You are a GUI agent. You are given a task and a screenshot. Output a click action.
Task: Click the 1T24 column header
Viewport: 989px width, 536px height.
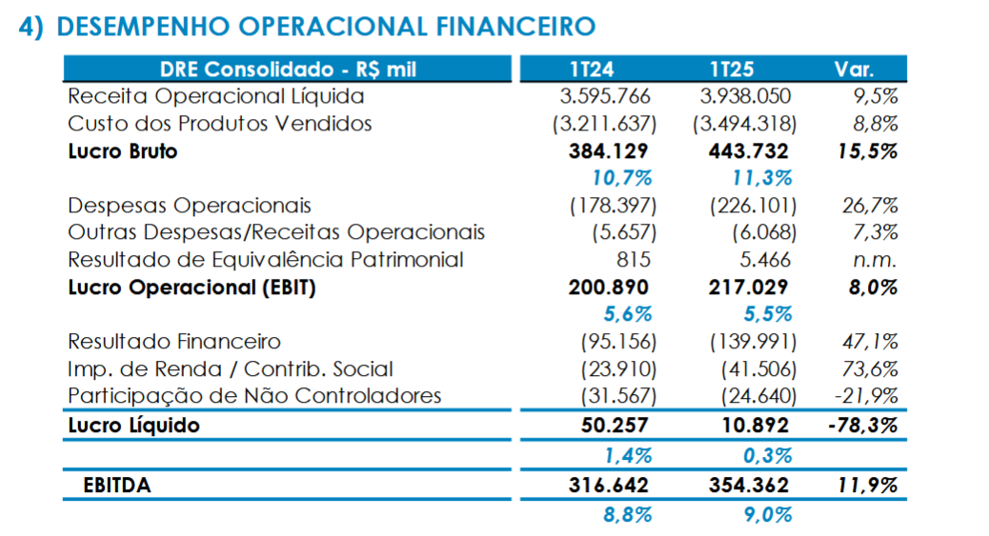(592, 69)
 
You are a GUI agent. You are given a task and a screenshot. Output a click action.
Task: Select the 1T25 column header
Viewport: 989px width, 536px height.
(732, 69)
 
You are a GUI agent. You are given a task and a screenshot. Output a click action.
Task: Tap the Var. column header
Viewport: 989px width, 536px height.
(854, 69)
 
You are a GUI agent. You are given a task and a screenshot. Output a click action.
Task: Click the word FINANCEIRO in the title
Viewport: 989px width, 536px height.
(515, 27)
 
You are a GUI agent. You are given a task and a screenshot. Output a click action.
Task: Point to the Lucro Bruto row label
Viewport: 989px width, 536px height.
(123, 151)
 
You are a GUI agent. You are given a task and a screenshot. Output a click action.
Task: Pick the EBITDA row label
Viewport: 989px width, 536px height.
(117, 485)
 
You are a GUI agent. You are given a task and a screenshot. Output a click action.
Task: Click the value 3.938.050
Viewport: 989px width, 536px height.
(745, 96)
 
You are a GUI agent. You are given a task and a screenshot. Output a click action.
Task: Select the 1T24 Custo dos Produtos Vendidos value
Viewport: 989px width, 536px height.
(604, 124)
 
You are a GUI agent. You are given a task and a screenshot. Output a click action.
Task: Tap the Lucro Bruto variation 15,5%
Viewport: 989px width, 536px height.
(867, 151)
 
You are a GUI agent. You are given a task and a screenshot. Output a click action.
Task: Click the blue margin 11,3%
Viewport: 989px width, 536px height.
(762, 178)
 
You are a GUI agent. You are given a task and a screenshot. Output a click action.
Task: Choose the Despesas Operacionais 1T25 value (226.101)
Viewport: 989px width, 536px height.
(753, 206)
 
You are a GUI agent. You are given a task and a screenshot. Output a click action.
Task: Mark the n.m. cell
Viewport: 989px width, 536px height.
(874, 260)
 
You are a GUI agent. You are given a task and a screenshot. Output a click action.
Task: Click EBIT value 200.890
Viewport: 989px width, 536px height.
(608, 288)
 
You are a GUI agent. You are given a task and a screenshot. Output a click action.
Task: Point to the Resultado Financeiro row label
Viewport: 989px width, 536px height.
(174, 342)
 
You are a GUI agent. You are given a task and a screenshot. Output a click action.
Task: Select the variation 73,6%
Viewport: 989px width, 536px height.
(870, 368)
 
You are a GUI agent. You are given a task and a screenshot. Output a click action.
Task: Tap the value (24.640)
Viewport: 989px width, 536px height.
(758, 396)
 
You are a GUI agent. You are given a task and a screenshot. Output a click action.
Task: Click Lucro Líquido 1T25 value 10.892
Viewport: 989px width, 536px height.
(755, 426)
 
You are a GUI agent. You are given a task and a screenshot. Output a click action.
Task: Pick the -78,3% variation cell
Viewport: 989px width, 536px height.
(863, 426)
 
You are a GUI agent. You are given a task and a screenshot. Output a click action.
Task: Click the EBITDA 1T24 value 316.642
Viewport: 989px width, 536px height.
(608, 485)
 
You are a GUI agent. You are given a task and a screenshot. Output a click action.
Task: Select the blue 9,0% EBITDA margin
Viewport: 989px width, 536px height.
(768, 514)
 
